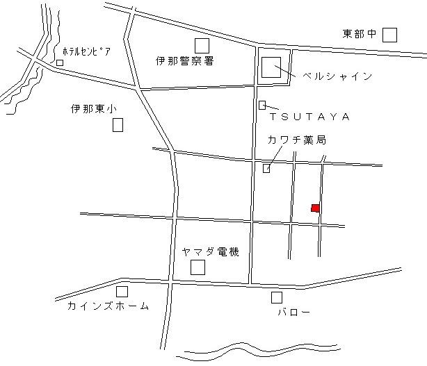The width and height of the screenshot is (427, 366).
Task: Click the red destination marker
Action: (316, 208)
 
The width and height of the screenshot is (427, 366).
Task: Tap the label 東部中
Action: (360, 34)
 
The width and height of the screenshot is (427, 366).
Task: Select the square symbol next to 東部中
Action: (390, 35)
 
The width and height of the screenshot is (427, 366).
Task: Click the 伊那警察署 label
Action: (185, 61)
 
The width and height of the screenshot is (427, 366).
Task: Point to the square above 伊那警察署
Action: (202, 45)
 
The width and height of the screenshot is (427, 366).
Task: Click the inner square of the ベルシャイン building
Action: (271, 68)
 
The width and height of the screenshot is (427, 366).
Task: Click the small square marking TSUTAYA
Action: (262, 105)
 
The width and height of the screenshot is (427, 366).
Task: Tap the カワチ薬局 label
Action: (296, 140)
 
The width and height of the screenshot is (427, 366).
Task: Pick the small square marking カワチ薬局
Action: (266, 168)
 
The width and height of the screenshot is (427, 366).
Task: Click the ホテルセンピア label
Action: (86, 52)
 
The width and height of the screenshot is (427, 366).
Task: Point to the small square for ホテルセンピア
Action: (60, 63)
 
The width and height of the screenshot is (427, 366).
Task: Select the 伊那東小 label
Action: (95, 109)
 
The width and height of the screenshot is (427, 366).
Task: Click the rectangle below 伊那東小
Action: (118, 125)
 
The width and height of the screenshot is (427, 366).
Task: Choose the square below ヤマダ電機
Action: (198, 267)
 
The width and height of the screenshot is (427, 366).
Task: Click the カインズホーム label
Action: (108, 306)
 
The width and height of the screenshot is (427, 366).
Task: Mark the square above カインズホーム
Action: (122, 292)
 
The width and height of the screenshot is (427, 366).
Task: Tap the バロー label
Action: (289, 313)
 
